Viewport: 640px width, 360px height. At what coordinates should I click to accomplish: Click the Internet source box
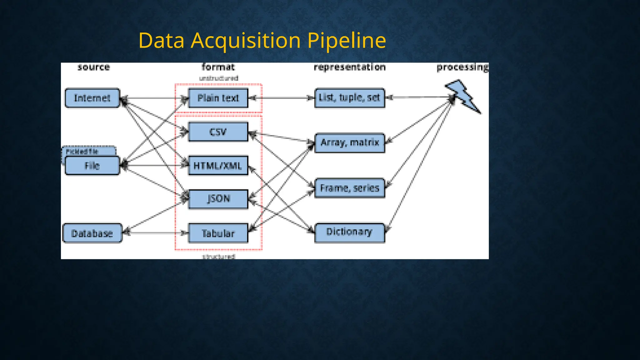[x=92, y=98]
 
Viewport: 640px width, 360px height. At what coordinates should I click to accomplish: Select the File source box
[x=92, y=166]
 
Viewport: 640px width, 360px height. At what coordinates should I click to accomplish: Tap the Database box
[x=92, y=233]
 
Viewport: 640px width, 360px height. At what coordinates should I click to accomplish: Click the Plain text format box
[x=218, y=98]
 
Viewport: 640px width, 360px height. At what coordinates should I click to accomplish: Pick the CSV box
[x=218, y=132]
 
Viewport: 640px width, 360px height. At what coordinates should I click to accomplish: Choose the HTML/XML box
[x=218, y=166]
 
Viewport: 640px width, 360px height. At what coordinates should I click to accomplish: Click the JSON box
[x=218, y=199]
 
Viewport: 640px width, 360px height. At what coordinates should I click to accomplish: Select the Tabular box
[x=218, y=233]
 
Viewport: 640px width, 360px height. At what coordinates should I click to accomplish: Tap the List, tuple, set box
[x=349, y=98]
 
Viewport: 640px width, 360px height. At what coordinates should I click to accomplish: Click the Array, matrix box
[x=349, y=143]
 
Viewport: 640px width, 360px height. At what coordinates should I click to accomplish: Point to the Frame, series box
[x=349, y=188]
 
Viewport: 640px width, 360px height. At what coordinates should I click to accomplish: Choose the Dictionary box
[x=349, y=232]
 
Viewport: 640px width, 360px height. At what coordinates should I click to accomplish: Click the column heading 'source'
[x=94, y=67]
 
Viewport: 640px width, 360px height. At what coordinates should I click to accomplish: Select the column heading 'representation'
[x=349, y=67]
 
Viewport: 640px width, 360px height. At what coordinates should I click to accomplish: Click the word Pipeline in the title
[x=347, y=41]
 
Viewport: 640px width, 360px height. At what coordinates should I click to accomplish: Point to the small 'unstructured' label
[x=218, y=78]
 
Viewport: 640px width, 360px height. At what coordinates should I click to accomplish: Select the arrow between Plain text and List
[x=281, y=98]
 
